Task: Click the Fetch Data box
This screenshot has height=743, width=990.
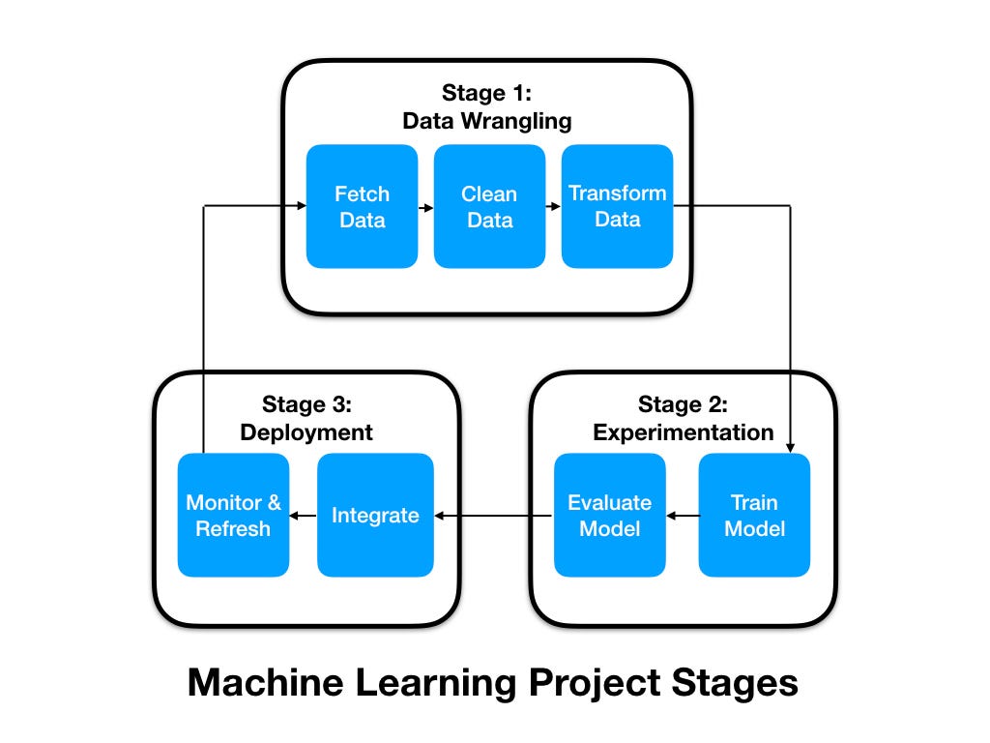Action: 362,206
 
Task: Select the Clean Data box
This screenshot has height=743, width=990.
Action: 489,206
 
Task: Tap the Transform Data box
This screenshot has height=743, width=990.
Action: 617,206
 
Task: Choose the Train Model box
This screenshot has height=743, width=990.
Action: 754,515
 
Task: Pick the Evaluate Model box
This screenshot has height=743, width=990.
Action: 609,515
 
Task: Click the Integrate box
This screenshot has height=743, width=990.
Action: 374,515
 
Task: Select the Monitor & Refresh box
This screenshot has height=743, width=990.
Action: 233,515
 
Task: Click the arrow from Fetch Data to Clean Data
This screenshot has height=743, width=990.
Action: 425,207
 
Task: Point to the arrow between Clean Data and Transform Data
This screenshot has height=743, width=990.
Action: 553,207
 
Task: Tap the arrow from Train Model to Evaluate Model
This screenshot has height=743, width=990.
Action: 682,516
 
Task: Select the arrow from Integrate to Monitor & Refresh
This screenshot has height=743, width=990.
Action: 303,516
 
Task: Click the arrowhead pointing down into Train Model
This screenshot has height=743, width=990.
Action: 790,446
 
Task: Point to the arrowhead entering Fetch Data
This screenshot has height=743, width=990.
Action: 300,206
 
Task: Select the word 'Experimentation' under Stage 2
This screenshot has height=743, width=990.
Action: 683,432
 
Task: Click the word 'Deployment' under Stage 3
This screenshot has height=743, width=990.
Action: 306,432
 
